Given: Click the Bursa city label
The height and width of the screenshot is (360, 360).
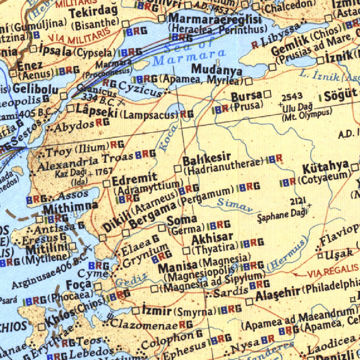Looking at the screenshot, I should click(x=246, y=96).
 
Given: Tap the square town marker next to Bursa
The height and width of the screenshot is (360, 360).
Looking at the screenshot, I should click(x=268, y=94).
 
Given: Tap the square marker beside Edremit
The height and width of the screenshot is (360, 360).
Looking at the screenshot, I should click(x=106, y=183).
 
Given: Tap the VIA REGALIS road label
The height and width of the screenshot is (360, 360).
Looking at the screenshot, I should click(x=333, y=271).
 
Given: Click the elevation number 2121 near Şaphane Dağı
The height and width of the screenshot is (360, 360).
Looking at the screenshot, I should click(x=298, y=201).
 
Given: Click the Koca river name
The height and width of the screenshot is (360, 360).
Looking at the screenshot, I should click(x=164, y=141).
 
